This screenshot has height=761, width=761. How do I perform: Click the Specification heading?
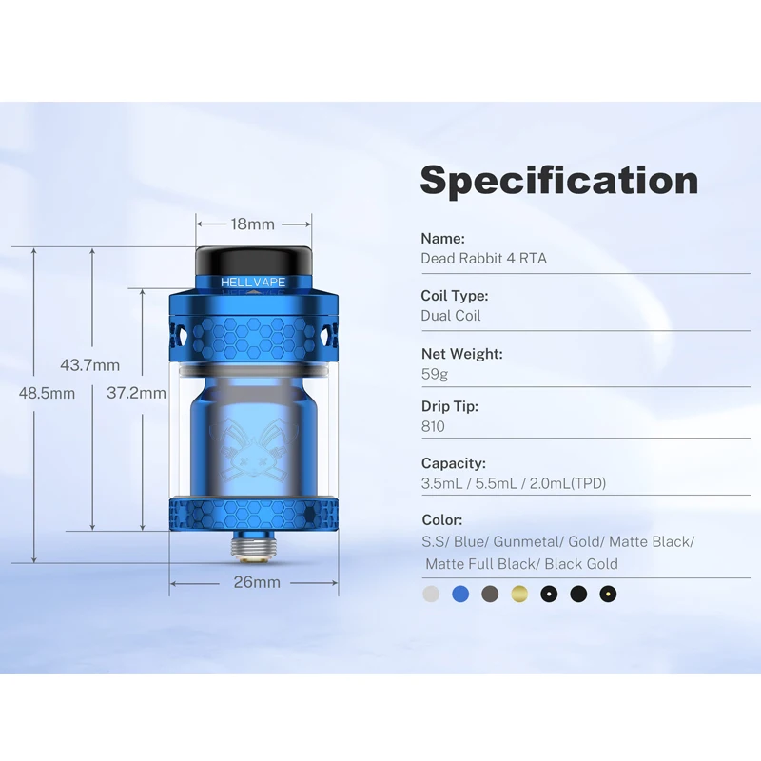[559, 181]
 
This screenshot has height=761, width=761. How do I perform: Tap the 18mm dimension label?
[253, 224]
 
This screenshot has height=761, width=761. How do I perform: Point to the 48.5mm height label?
[48, 393]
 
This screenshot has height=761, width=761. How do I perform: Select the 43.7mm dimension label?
[90, 364]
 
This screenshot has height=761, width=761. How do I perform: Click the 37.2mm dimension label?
[136, 392]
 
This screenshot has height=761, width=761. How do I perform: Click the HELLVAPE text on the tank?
[253, 283]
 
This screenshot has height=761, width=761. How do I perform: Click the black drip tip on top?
[254, 261]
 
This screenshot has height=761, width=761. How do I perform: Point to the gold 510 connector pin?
[253, 547]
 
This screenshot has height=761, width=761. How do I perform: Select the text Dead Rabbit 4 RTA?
[483, 258]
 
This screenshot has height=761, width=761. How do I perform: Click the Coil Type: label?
[455, 296]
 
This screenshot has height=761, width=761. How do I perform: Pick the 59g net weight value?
[433, 374]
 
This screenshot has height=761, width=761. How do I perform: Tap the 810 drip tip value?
[433, 426]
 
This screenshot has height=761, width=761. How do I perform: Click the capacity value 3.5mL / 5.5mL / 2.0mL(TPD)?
[513, 483]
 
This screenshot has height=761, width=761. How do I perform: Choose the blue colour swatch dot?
[461, 595]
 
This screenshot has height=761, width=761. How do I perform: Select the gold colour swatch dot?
[519, 595]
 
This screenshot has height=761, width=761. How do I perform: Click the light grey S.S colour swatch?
[432, 595]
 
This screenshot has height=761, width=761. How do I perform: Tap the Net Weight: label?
[462, 354]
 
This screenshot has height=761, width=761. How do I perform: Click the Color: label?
[442, 520]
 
